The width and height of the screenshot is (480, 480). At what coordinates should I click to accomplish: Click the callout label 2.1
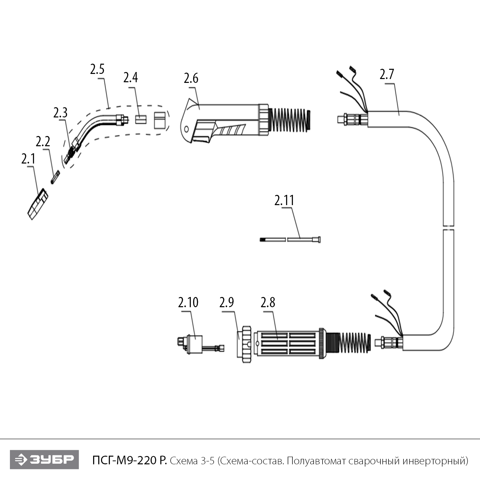pyautogui.click(x=28, y=159)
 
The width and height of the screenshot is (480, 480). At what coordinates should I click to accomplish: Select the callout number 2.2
pyautogui.click(x=43, y=141)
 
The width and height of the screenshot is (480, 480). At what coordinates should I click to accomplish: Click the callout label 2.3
pyautogui.click(x=60, y=113)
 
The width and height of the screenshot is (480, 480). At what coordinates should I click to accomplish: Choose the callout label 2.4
pyautogui.click(x=131, y=77)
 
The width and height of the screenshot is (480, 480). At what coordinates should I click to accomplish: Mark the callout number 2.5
pyautogui.click(x=97, y=69)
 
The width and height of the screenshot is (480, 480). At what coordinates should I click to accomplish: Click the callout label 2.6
pyautogui.click(x=191, y=78)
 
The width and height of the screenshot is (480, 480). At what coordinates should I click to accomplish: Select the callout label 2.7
pyautogui.click(x=387, y=74)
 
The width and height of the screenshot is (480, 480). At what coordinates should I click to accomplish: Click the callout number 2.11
pyautogui.click(x=284, y=200)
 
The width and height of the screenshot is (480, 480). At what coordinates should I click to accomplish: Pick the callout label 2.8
pyautogui.click(x=268, y=302)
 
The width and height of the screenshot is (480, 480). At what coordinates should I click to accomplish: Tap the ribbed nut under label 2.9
pyautogui.click(x=246, y=344)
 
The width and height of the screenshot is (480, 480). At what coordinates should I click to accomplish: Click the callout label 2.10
pyautogui.click(x=188, y=302)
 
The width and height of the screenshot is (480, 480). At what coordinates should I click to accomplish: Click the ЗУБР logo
pyautogui.click(x=44, y=460)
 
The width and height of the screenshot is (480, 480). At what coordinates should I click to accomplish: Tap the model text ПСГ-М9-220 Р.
pyautogui.click(x=129, y=461)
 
